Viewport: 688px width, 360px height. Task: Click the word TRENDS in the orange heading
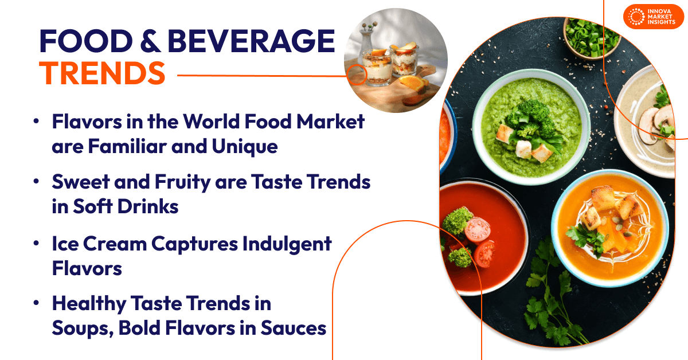click(x=103, y=73)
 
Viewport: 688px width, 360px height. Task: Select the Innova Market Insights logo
click(x=653, y=17)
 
